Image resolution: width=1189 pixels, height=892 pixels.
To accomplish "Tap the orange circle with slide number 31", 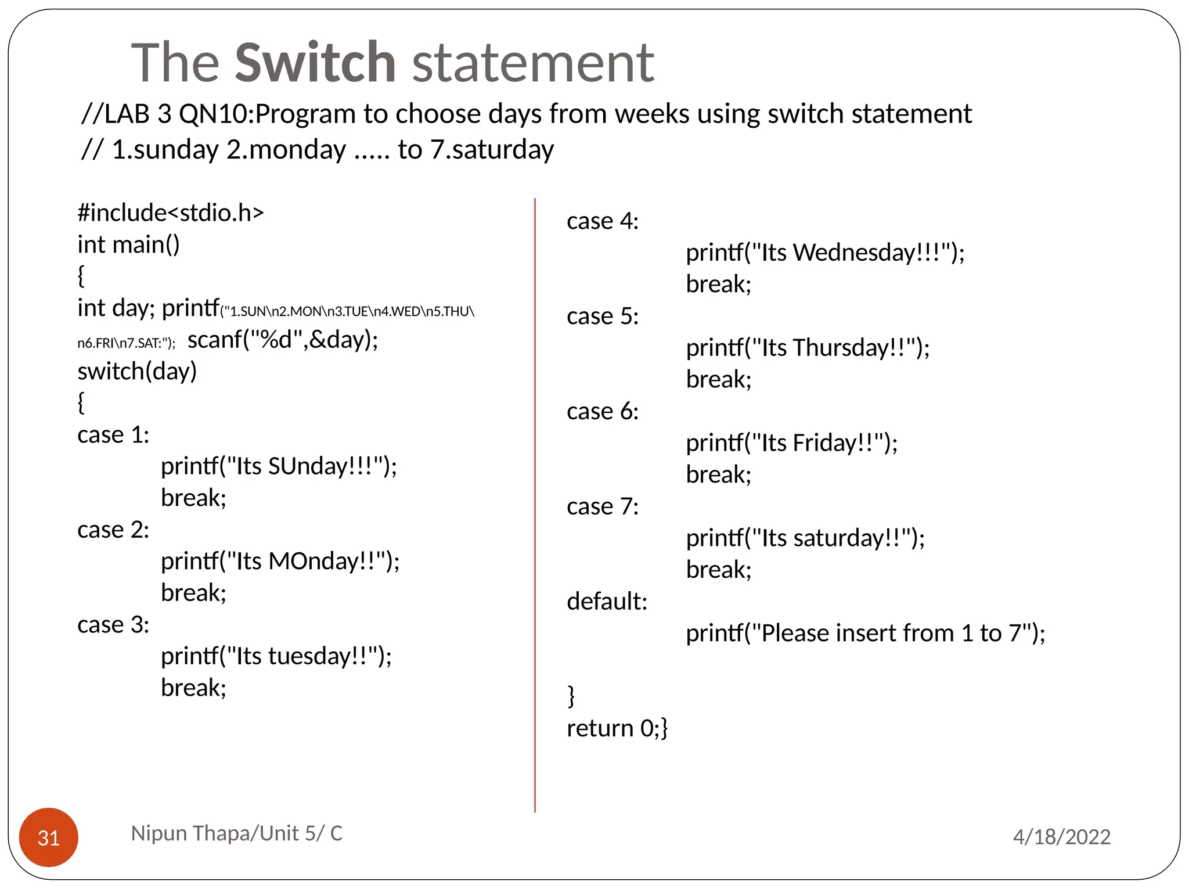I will click(x=49, y=837).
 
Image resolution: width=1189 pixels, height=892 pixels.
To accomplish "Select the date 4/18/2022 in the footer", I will click(x=1061, y=837).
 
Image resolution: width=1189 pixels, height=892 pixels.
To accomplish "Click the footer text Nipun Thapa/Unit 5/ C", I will click(x=236, y=833).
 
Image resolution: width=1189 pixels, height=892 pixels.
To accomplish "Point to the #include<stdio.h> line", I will click(x=171, y=213).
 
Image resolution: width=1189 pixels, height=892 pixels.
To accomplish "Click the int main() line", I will click(x=128, y=244).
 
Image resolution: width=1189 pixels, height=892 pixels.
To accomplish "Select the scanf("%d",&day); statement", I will click(x=283, y=340).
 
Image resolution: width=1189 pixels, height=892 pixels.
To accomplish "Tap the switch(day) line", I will click(x=137, y=371).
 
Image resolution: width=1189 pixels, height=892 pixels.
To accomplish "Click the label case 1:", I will click(x=113, y=435).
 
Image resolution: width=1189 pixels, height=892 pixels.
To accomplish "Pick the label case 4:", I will click(x=602, y=221).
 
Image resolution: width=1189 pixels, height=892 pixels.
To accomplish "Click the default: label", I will click(x=607, y=602).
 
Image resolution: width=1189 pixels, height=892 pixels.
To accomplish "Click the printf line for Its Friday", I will click(x=791, y=443).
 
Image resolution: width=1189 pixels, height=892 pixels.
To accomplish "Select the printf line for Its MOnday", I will click(x=280, y=562).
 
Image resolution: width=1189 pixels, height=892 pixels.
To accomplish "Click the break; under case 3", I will click(x=193, y=688).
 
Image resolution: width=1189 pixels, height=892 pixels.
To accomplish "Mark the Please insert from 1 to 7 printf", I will click(x=865, y=633).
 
